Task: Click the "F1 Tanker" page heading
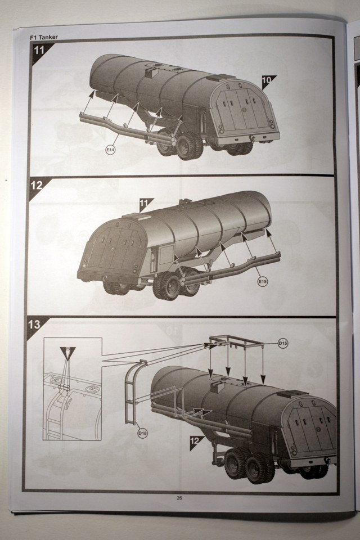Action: pyautogui.click(x=44, y=37)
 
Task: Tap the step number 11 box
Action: pyautogui.click(x=39, y=50)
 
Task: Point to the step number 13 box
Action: pyautogui.click(x=34, y=325)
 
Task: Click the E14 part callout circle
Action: pyautogui.click(x=110, y=150)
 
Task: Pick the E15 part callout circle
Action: pyautogui.click(x=263, y=282)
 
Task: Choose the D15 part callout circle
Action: pyautogui.click(x=283, y=343)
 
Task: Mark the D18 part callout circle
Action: pyautogui.click(x=142, y=433)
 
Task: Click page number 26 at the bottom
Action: pyautogui.click(x=179, y=498)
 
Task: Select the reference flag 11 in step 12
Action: pyautogui.click(x=145, y=204)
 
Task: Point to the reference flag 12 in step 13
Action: pyautogui.click(x=195, y=442)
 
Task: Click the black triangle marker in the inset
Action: pyautogui.click(x=67, y=352)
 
